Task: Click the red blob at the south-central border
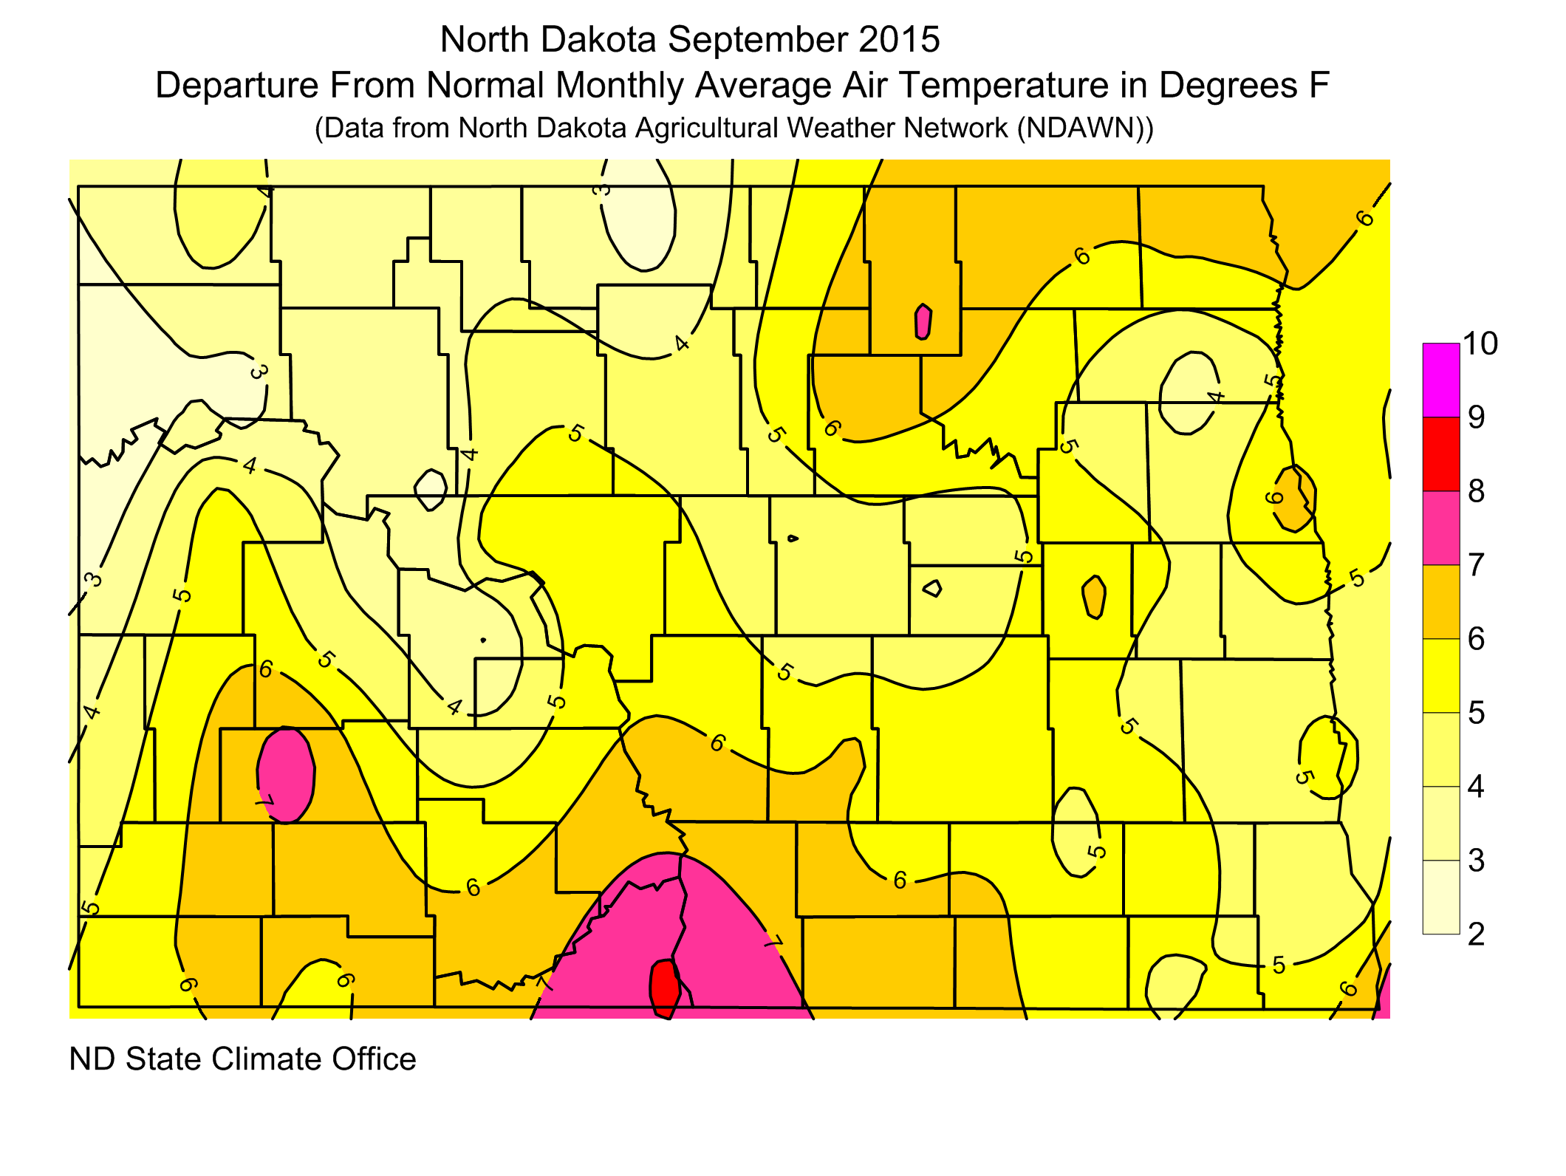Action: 664,988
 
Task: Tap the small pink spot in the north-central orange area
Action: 923,322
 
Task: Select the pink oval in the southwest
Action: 287,774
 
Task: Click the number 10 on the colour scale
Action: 1480,343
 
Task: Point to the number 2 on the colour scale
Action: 1476,934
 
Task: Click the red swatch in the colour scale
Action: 1441,454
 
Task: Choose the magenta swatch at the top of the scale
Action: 1441,380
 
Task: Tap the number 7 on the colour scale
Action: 1476,565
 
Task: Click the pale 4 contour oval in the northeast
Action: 1187,392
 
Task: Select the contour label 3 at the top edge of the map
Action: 603,189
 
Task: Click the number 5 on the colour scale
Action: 1476,713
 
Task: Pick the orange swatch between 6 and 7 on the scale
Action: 1441,601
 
